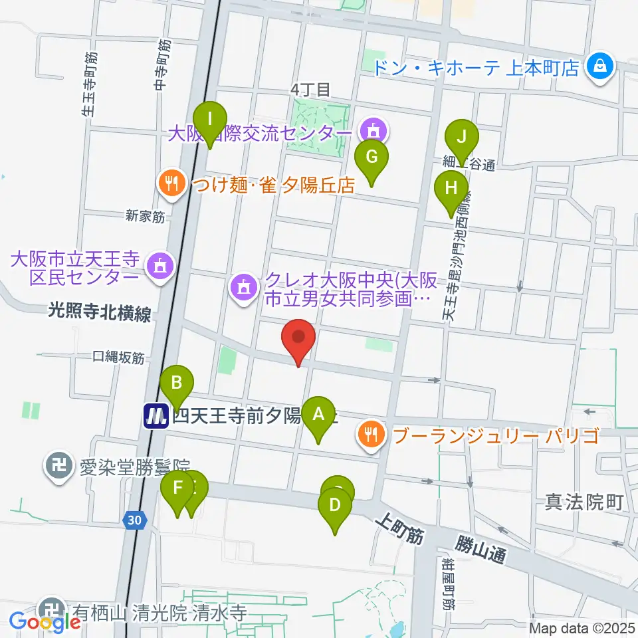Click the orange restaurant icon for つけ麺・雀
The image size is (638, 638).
click(171, 184)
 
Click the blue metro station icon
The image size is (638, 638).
click(156, 417)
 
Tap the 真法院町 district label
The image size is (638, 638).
click(584, 502)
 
